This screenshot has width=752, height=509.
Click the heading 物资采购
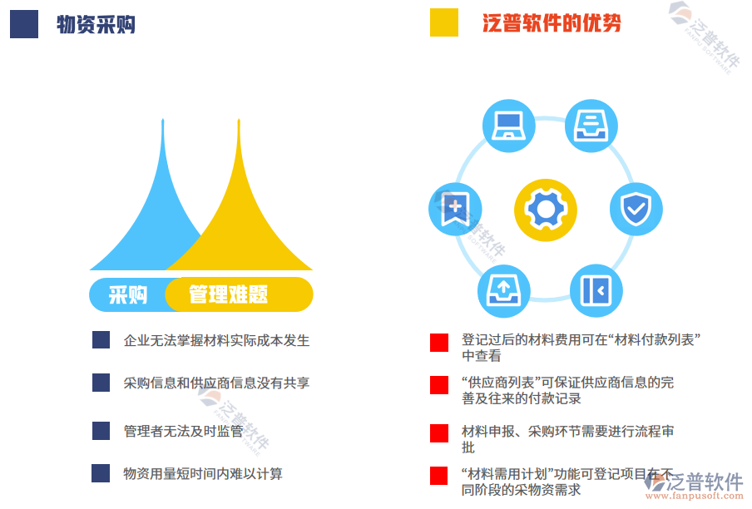coord(96,24)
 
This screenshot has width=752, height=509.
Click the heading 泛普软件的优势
coord(552,22)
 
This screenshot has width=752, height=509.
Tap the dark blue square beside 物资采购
coord(24,23)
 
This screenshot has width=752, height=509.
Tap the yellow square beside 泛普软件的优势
coord(444,22)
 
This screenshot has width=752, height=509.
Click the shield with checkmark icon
coord(636,208)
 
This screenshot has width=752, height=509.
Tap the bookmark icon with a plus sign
coord(455,208)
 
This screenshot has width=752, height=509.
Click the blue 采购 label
coord(128,294)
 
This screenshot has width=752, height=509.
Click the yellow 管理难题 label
coord(228,294)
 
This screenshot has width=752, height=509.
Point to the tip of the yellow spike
coord(239,122)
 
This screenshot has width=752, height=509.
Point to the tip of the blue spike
coord(163,122)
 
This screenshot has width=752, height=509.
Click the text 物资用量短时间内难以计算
coord(203,473)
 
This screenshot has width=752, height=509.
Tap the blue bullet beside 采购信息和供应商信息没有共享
coord(101,383)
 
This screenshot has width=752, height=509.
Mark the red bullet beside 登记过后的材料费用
coord(439,343)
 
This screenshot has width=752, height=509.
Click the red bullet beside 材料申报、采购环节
coord(439,433)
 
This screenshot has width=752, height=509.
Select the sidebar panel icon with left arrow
coord(596,289)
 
